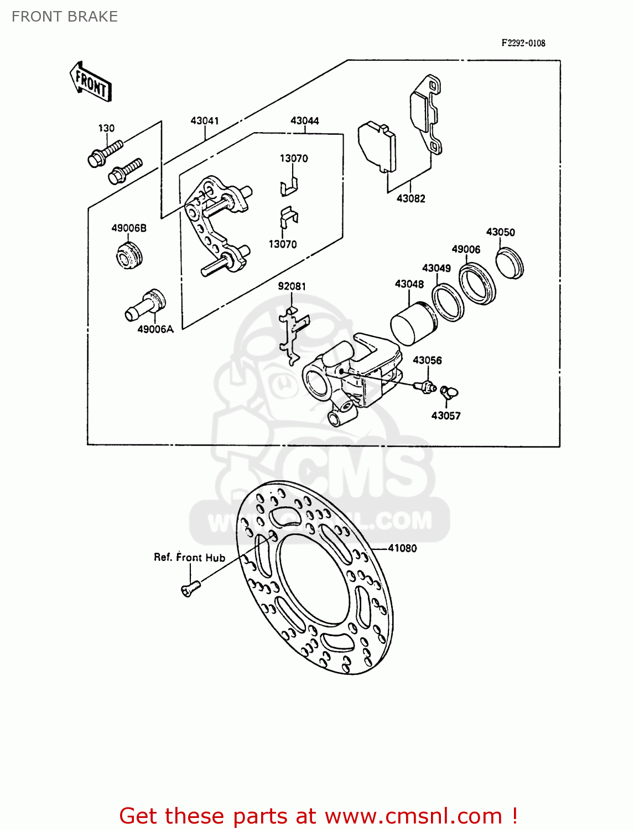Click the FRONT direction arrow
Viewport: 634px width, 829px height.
(91, 82)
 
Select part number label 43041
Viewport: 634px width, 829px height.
(205, 120)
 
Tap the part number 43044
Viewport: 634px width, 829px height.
(305, 120)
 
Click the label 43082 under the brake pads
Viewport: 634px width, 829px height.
(410, 198)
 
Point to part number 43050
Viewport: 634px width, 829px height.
(500, 232)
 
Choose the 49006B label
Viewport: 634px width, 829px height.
(129, 228)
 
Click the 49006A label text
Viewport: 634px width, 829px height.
(155, 329)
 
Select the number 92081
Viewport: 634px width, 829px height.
(292, 286)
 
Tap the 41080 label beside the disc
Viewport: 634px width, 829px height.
(402, 548)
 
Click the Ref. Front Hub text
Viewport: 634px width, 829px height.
(189, 558)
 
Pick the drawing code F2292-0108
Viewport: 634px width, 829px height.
(523, 43)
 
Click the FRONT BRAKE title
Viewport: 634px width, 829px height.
(65, 17)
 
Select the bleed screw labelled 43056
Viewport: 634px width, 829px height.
(425, 386)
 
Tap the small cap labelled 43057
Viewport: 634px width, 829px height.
(449, 392)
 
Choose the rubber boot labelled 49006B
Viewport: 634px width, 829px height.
(130, 255)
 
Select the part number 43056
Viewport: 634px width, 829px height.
(427, 360)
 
